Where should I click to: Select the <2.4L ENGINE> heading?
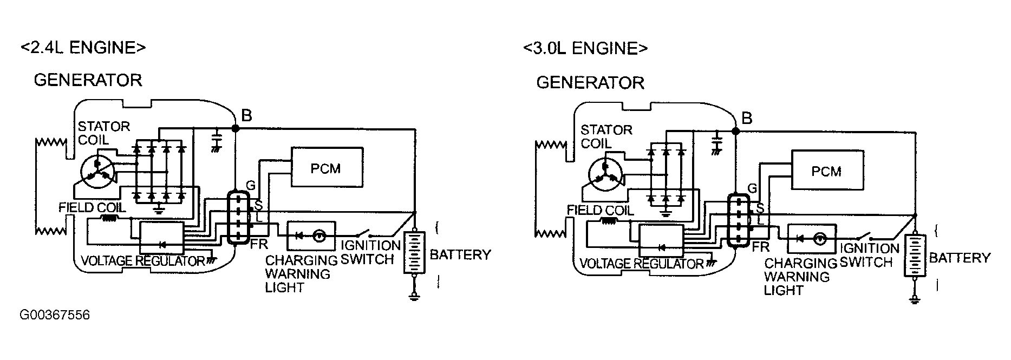coord(83,48)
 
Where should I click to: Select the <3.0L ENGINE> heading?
coord(585,48)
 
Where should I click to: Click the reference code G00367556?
coord(55,315)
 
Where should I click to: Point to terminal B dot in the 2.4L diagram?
coord(236,128)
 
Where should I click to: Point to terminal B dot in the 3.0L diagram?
coord(736,131)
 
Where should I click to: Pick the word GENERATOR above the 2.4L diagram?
coord(88,80)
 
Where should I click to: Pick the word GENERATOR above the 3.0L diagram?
coord(590,83)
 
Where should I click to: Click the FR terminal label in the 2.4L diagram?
coord(259,244)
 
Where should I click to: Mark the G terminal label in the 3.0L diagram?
coord(752,188)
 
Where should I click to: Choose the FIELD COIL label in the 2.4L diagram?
coord(92,207)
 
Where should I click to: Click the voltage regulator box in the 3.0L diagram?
coord(661,240)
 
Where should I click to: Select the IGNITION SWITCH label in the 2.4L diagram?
coord(370,252)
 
